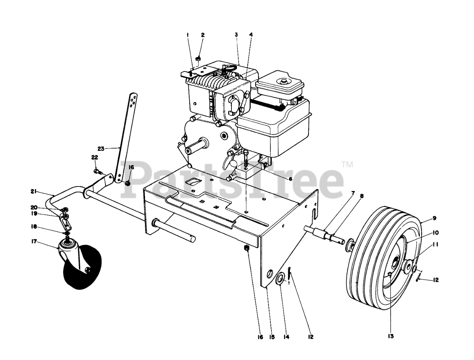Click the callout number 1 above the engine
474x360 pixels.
[188, 35]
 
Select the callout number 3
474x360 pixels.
[236, 35]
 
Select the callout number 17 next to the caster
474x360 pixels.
[34, 242]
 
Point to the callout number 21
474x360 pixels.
[34, 191]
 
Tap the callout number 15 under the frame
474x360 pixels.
[272, 337]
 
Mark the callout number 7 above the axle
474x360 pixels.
[353, 193]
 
